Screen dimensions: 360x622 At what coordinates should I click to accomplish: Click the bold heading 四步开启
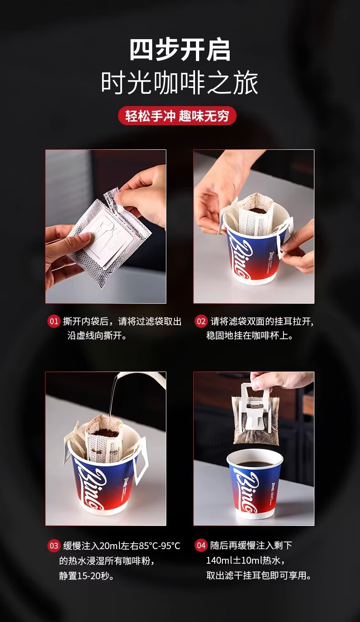180,50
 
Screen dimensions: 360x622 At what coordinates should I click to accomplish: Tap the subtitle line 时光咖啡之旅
180,83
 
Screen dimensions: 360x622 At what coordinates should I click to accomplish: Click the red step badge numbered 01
54,321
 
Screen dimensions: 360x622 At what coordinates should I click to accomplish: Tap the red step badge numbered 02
201,321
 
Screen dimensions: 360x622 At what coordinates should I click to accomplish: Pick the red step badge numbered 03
54,546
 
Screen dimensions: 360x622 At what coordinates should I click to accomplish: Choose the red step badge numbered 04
201,546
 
